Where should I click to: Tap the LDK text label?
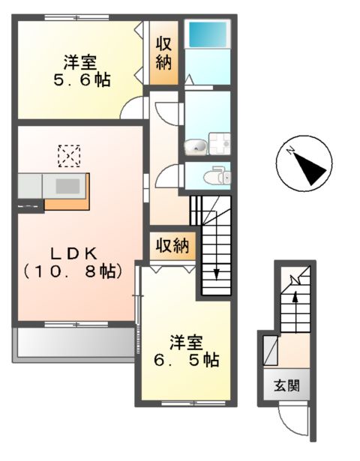click(x=72, y=251)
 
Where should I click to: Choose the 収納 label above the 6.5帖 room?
click(x=173, y=244)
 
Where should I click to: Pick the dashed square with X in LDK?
click(x=70, y=156)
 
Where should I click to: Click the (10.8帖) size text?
click(x=72, y=271)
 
